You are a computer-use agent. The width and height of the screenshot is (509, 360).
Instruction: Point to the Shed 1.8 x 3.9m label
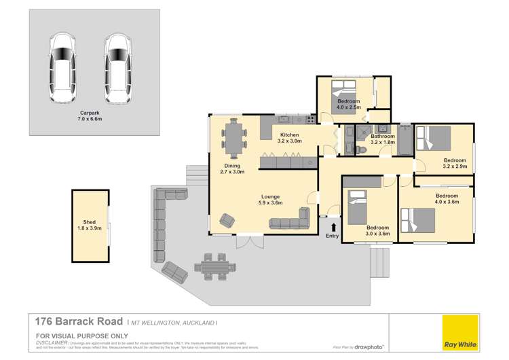pos(90,224)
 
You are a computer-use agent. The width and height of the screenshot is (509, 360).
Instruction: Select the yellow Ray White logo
pos(459,332)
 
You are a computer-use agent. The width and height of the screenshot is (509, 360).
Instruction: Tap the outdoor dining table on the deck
pos(214,266)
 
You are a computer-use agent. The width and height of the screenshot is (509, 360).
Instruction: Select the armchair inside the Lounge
pos(226,221)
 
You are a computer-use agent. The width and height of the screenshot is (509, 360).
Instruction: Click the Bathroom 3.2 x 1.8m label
pos(383,139)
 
